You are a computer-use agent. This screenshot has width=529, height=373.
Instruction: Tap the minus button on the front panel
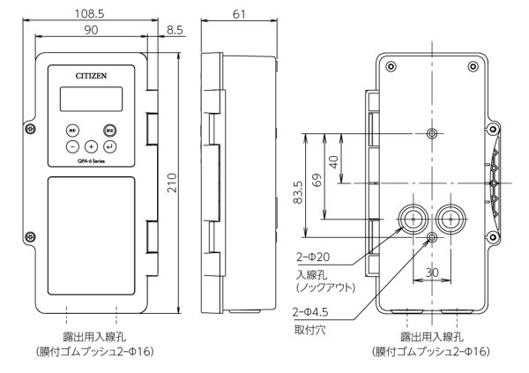72,145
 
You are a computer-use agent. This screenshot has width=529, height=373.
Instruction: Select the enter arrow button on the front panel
110,145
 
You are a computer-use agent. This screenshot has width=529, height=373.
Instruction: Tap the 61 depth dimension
238,15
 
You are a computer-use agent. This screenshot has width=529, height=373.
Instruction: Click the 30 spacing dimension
431,272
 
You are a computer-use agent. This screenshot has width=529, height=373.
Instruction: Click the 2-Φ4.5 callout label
310,310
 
